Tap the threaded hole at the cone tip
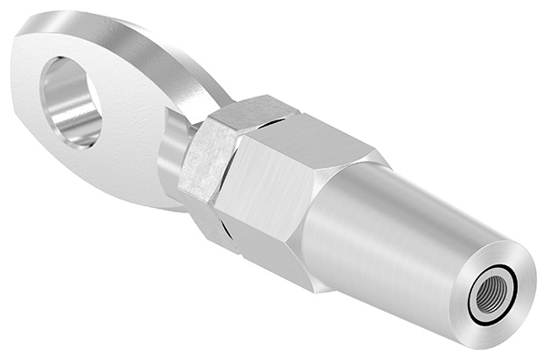485,295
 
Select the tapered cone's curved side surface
383,237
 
